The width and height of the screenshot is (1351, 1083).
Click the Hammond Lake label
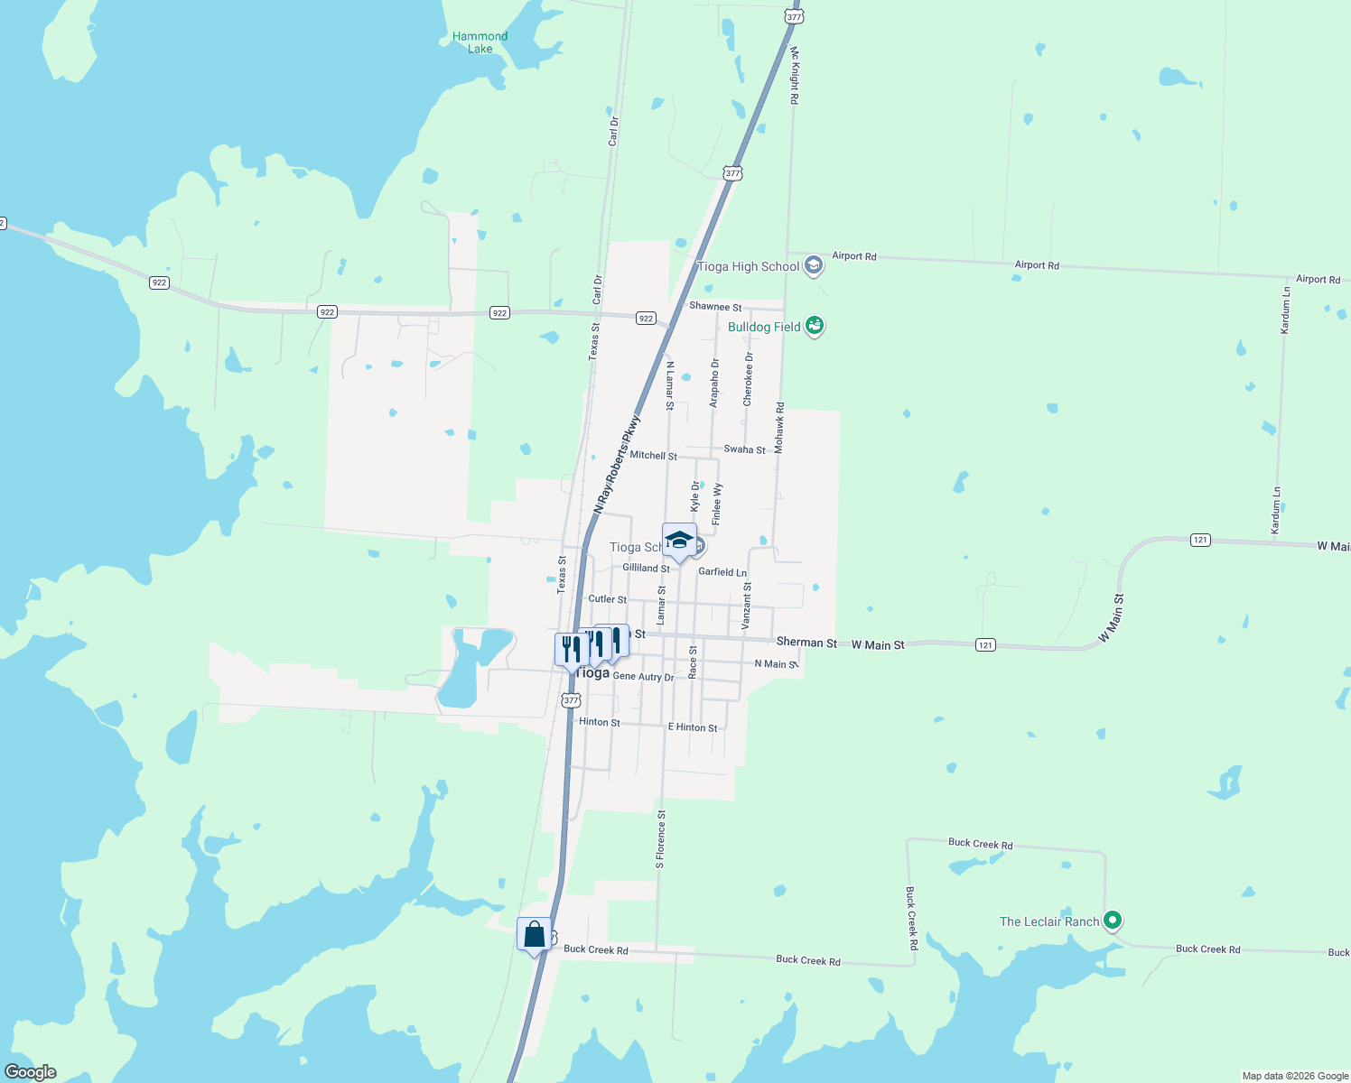(x=480, y=42)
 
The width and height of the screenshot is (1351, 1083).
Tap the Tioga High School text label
(x=748, y=266)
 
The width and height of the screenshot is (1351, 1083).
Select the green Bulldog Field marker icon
(x=815, y=326)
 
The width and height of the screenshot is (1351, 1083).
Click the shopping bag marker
(x=534, y=934)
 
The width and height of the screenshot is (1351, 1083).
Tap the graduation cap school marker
(x=679, y=541)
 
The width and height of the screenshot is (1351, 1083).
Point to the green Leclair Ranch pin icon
(x=1113, y=921)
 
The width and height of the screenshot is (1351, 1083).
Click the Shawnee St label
(x=715, y=307)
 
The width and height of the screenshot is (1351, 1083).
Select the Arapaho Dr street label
(x=714, y=383)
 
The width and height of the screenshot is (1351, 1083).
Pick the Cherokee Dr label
(x=748, y=379)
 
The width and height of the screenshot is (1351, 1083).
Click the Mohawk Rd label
(x=779, y=428)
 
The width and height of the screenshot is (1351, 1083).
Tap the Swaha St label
(x=744, y=449)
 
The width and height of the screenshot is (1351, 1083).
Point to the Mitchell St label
(x=653, y=456)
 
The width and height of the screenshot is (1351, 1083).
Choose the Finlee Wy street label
(x=717, y=504)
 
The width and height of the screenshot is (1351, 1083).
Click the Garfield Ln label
(x=722, y=572)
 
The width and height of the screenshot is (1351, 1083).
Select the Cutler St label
(x=607, y=599)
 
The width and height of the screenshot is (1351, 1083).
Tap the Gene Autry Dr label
(x=643, y=677)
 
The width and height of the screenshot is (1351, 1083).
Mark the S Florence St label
(x=660, y=839)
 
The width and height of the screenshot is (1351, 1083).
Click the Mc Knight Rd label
(x=795, y=76)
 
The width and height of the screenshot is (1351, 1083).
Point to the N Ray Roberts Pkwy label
(x=617, y=465)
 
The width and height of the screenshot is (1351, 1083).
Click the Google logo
(x=31, y=1072)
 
